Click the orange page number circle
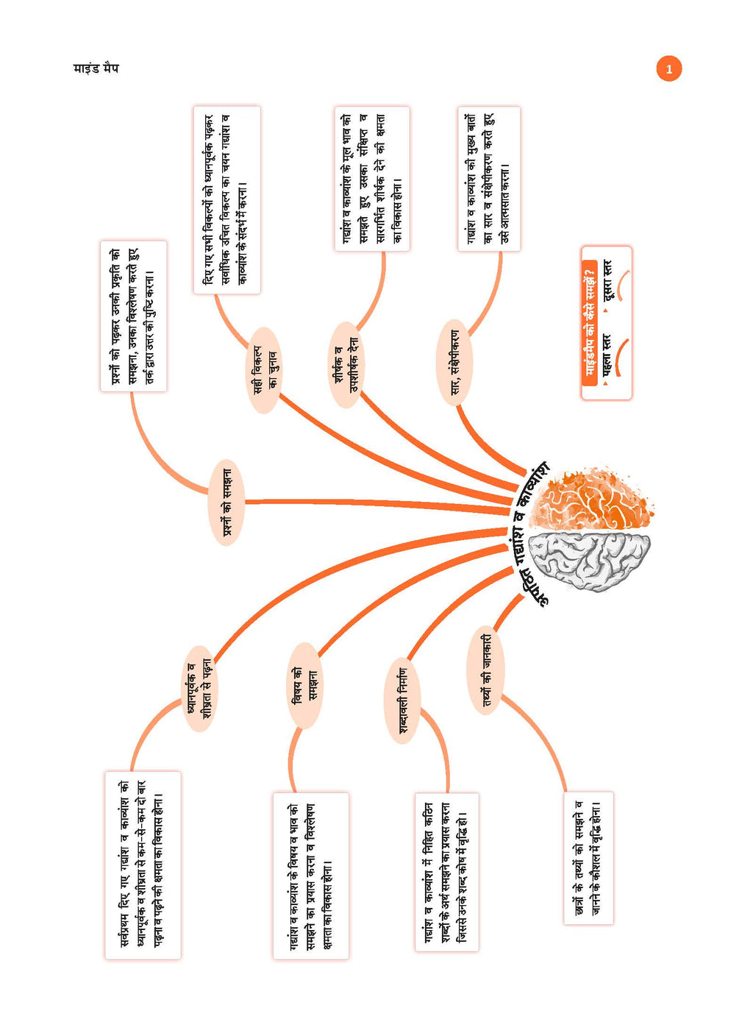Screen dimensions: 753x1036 pyautogui.click(x=668, y=69)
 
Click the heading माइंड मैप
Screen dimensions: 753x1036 pyautogui.click(x=96, y=68)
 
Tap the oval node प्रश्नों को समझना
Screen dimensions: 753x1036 pyautogui.click(x=226, y=503)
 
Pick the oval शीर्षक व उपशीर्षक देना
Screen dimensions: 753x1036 pyautogui.click(x=346, y=365)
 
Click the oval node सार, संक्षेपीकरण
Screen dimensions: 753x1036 pyautogui.click(x=454, y=363)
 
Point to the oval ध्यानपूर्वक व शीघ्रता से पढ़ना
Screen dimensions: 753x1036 pyautogui.click(x=199, y=689)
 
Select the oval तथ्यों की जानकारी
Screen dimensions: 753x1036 pyautogui.click(x=485, y=670)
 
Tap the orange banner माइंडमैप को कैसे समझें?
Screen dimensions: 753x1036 pyautogui.click(x=589, y=324)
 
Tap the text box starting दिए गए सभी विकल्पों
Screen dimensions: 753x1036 pyautogui.click(x=227, y=200)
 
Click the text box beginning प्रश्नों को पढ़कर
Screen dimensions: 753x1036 pyautogui.click(x=134, y=316)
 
